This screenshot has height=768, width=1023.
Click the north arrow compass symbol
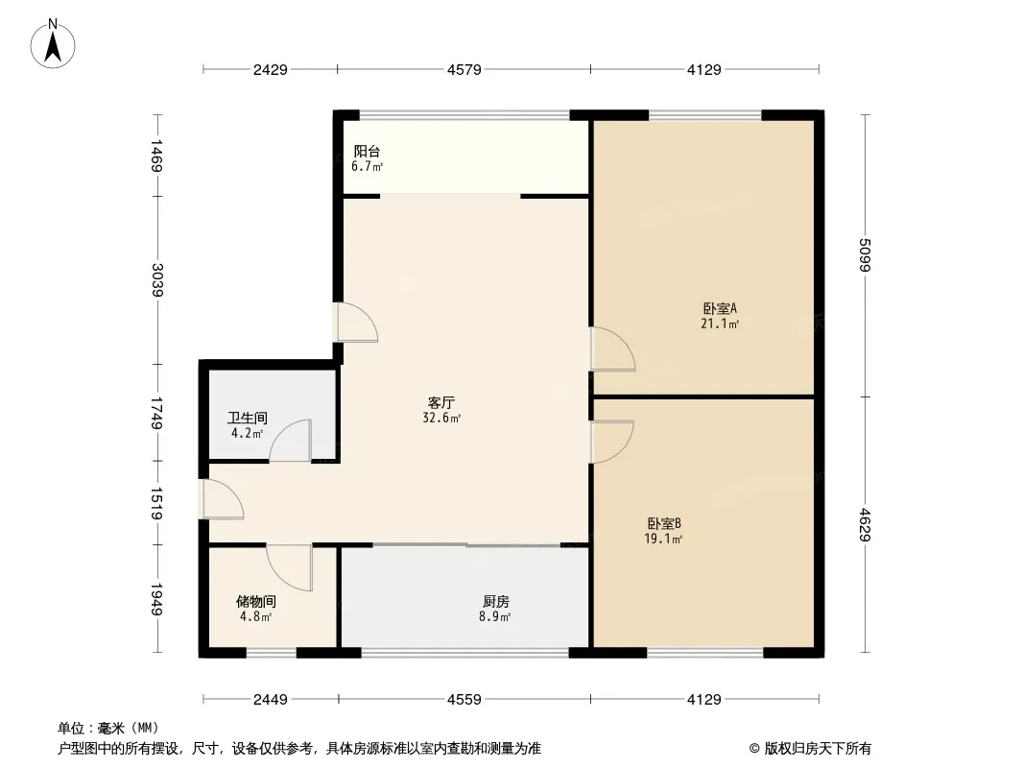[53, 44]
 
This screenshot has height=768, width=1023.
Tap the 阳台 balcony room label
[367, 152]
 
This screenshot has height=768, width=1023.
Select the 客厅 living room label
[441, 402]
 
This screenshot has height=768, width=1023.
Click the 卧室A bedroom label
[720, 308]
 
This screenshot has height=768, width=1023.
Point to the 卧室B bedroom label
[664, 523]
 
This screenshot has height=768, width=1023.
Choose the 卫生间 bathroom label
[248, 418]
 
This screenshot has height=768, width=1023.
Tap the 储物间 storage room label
[255, 601]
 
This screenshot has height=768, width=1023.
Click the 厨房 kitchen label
[496, 601]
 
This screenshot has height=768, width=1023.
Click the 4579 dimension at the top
[464, 69]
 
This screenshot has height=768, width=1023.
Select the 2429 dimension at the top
[270, 69]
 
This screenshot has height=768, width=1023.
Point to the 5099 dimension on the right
[865, 254]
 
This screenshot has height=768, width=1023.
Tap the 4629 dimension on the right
[865, 524]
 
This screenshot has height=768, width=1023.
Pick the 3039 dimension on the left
[157, 280]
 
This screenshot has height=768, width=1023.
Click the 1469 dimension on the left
[157, 156]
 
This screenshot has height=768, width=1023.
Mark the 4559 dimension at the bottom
[464, 700]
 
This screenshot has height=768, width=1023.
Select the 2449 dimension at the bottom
[270, 700]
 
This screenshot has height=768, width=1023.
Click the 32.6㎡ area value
[441, 419]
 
